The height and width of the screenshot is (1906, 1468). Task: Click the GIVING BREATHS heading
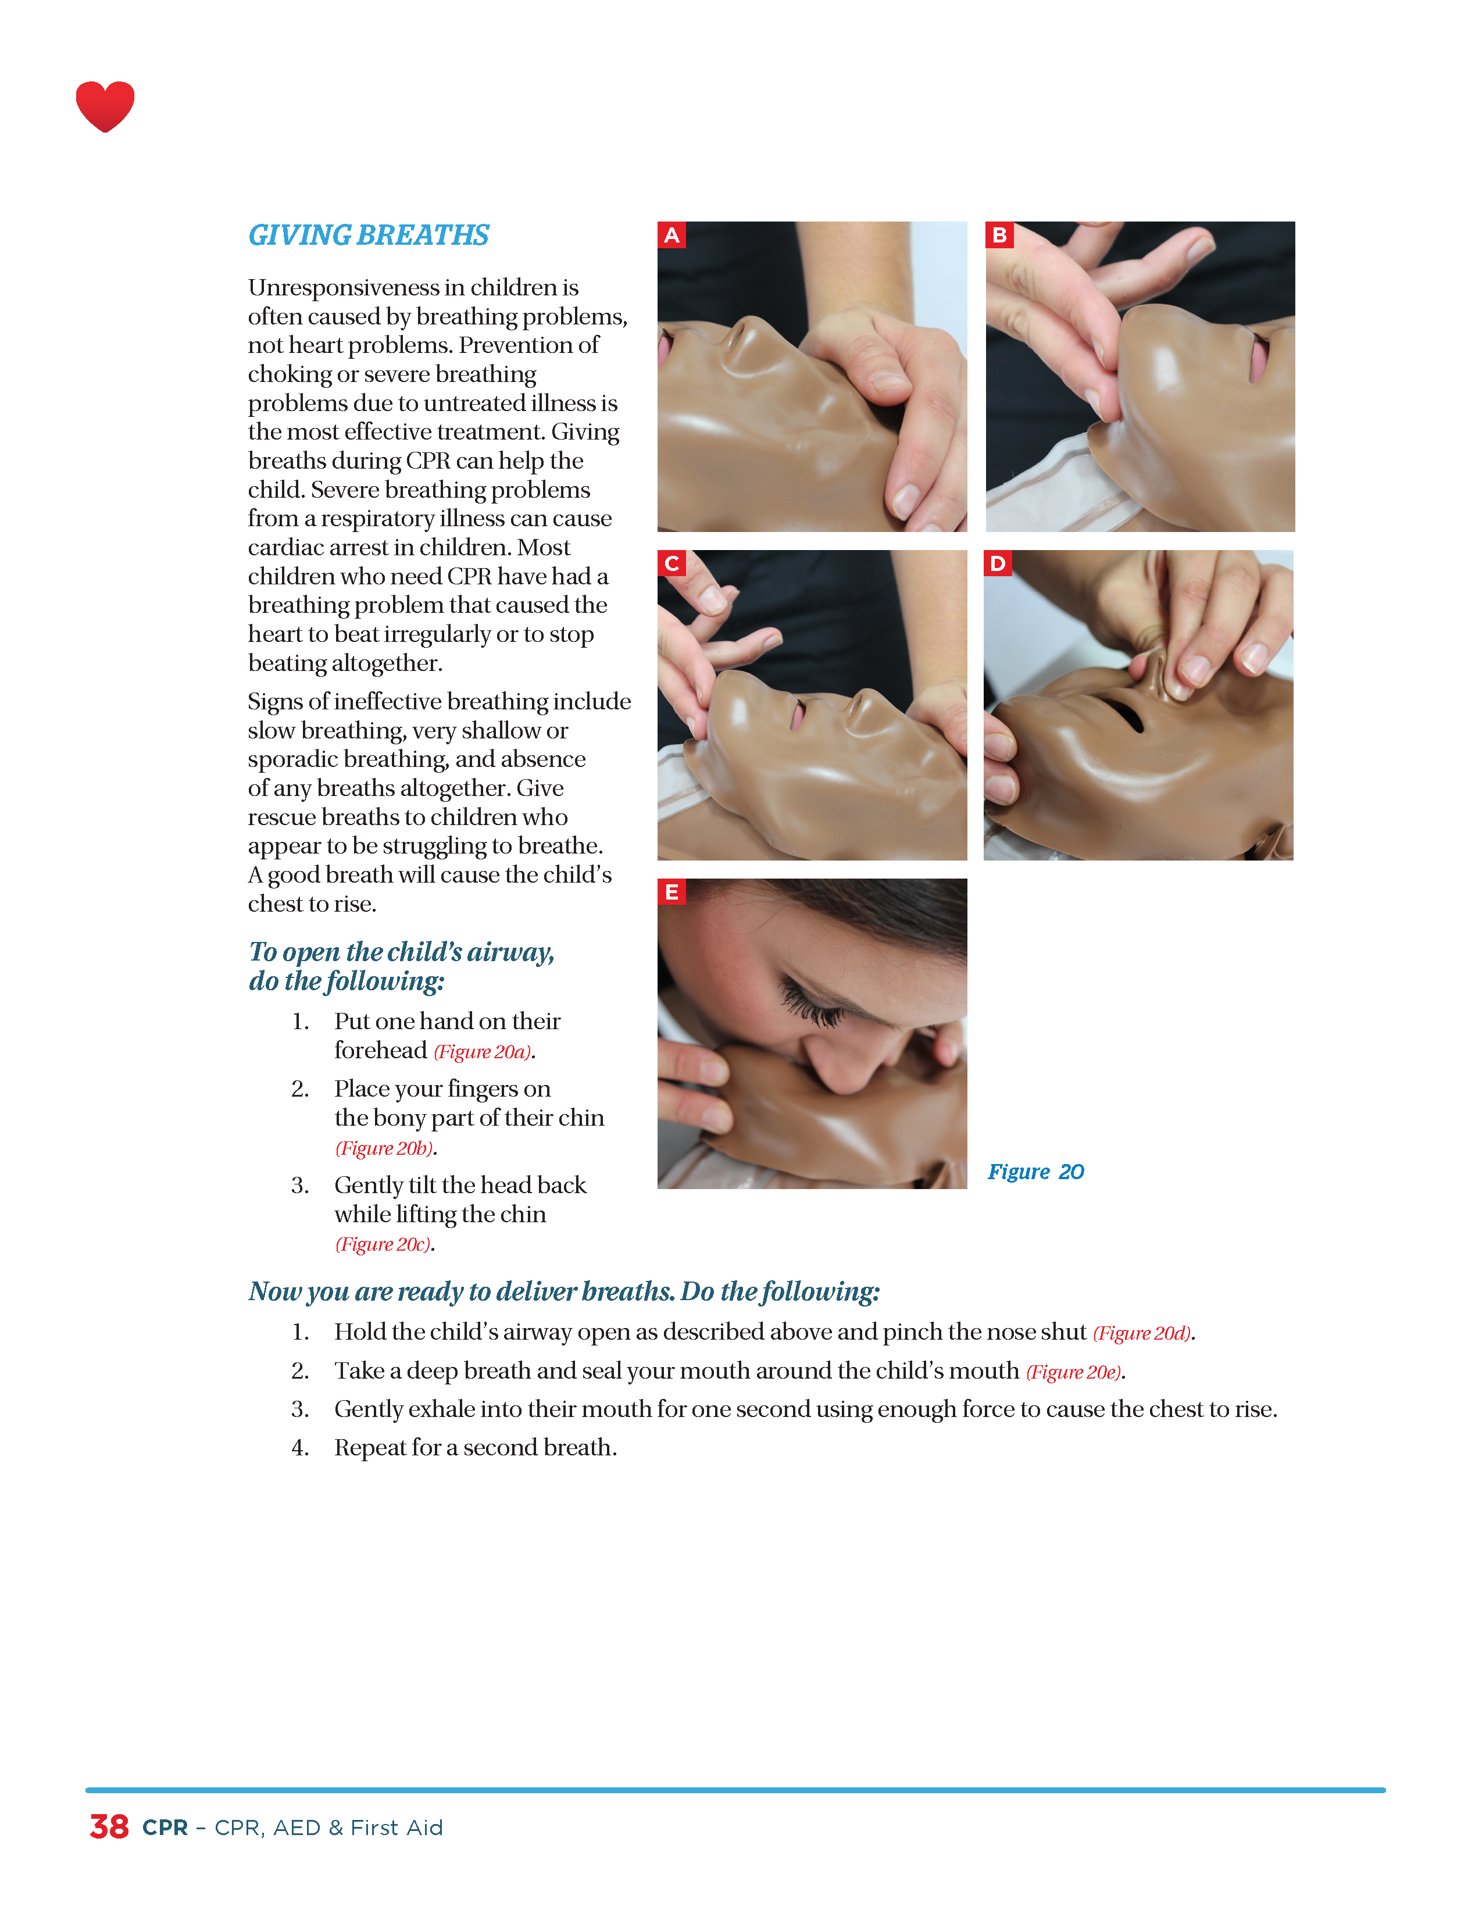pos(369,235)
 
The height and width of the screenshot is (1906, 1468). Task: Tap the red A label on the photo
pos(671,235)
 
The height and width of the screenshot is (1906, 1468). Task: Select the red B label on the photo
pos(999,235)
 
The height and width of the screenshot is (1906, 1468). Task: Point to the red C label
pos(671,564)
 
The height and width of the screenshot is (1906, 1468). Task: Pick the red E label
pos(671,892)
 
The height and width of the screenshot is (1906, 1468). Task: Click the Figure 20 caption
pos(1036,1172)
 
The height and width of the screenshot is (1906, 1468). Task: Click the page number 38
pos(109,1826)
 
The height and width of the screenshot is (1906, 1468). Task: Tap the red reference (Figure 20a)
pos(483,1052)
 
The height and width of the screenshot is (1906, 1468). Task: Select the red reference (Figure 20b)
pos(384,1148)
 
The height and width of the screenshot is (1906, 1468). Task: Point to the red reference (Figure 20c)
pos(383,1244)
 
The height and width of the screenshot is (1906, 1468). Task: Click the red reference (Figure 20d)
pos(1142,1333)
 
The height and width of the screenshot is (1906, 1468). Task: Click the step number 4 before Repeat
pos(299,1448)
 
